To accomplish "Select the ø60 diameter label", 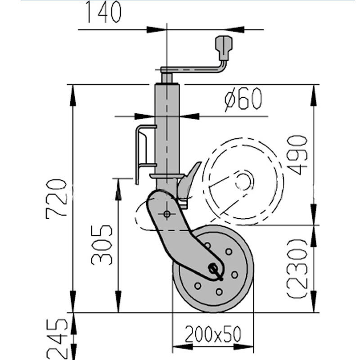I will click(243, 99).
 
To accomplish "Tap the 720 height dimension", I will click(57, 198).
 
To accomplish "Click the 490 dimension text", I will click(297, 154).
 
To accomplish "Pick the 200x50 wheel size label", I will click(212, 334).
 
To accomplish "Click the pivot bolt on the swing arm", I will click(167, 214).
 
